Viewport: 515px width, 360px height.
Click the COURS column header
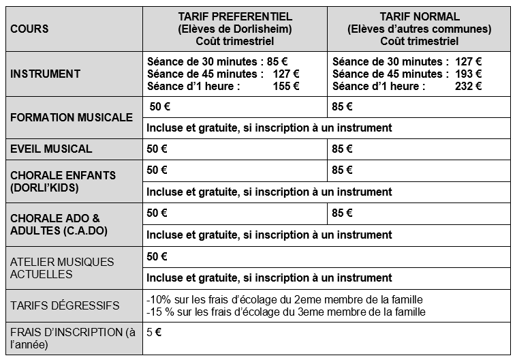click(x=30, y=29)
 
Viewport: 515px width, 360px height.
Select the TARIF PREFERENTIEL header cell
click(x=235, y=29)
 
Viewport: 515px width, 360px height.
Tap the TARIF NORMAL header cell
click(x=418, y=29)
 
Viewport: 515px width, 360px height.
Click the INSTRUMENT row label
click(x=46, y=74)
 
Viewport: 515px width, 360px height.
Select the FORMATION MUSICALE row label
click(x=72, y=117)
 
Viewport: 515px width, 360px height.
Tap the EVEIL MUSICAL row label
click(x=51, y=149)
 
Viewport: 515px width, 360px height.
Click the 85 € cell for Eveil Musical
click(x=343, y=149)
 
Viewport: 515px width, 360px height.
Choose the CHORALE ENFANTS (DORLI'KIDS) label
click(x=63, y=181)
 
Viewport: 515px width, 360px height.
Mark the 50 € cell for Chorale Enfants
click(x=157, y=170)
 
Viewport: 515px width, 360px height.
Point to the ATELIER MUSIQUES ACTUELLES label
click(x=62, y=268)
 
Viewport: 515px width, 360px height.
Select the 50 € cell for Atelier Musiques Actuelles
click(x=157, y=256)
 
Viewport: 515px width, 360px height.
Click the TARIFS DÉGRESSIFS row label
click(x=65, y=305)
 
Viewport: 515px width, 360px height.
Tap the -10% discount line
click(x=285, y=299)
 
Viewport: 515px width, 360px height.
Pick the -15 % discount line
click(x=286, y=312)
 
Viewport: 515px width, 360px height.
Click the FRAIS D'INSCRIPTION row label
click(x=73, y=338)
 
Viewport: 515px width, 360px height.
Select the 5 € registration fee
click(x=154, y=333)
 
